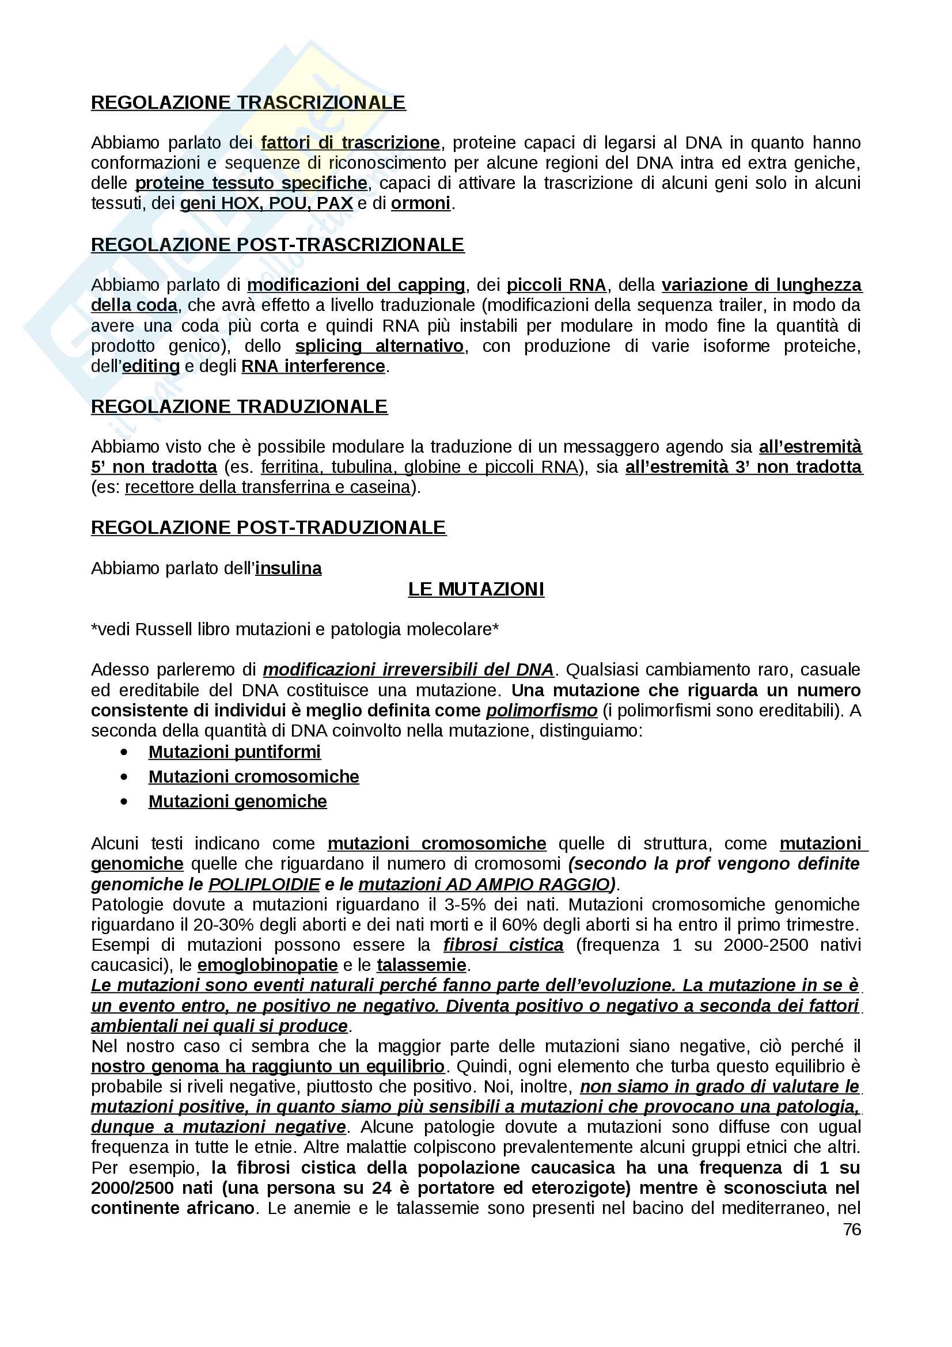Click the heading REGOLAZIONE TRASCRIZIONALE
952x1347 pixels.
(248, 103)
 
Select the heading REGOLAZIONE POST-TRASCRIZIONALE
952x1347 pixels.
(277, 245)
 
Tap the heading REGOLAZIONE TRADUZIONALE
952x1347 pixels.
(239, 407)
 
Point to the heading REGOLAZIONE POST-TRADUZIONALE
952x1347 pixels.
(268, 528)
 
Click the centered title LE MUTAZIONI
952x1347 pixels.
(476, 589)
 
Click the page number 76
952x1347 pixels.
(852, 1229)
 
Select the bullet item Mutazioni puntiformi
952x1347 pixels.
(234, 752)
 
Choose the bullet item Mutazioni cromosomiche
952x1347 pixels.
(253, 777)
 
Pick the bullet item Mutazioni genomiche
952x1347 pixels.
(237, 802)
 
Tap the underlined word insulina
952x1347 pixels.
(288, 568)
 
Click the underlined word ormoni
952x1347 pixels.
(420, 203)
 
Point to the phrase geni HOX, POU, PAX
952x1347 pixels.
(266, 203)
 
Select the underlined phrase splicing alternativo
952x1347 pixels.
(379, 346)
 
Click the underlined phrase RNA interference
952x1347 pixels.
(313, 366)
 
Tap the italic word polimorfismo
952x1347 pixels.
(541, 711)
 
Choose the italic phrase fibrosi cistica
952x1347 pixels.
(503, 945)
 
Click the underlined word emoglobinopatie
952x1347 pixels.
(267, 965)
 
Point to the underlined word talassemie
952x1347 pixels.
(421, 965)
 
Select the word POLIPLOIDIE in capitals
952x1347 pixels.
(264, 884)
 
